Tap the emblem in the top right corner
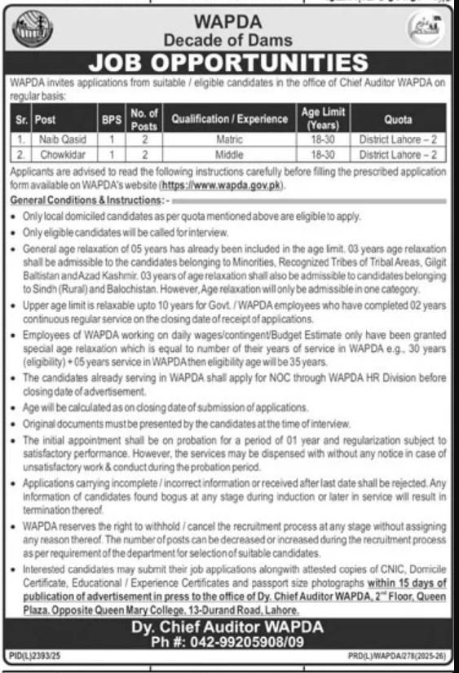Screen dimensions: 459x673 (426, 32)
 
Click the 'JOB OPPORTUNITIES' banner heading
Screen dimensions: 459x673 (228, 64)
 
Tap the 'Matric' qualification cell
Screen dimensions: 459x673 (230, 139)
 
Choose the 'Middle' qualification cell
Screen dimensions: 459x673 (230, 153)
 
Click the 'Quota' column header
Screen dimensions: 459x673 (398, 119)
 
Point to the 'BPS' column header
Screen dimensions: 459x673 (111, 119)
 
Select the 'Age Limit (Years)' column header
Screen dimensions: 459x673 (323, 119)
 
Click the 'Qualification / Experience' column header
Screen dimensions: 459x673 (230, 119)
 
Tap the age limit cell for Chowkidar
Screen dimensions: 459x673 (323, 153)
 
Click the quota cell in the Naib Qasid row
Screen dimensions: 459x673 (398, 139)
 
